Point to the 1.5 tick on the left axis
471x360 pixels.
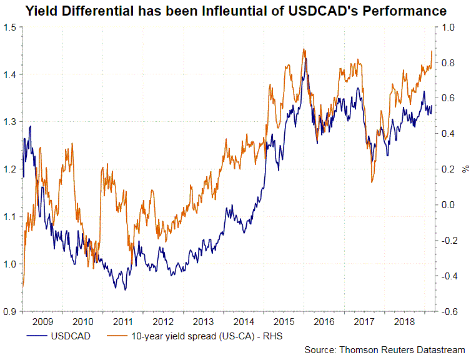pyautogui.click(x=10, y=27)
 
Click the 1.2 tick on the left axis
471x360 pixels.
pyautogui.click(x=10, y=169)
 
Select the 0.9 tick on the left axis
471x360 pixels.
pyautogui.click(x=10, y=311)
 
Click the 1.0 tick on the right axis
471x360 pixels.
pyautogui.click(x=447, y=27)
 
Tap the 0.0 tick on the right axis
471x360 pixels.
pyautogui.click(x=447, y=205)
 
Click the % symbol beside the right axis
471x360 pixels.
pyautogui.click(x=465, y=169)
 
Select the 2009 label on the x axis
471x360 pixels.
pyautogui.click(x=42, y=321)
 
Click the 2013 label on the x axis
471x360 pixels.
pyautogui.click(x=202, y=321)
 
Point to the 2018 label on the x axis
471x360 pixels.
pyautogui.click(x=402, y=321)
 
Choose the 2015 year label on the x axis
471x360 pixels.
pyautogui.click(x=282, y=321)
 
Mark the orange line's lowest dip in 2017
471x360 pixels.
pyautogui.click(x=372, y=182)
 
